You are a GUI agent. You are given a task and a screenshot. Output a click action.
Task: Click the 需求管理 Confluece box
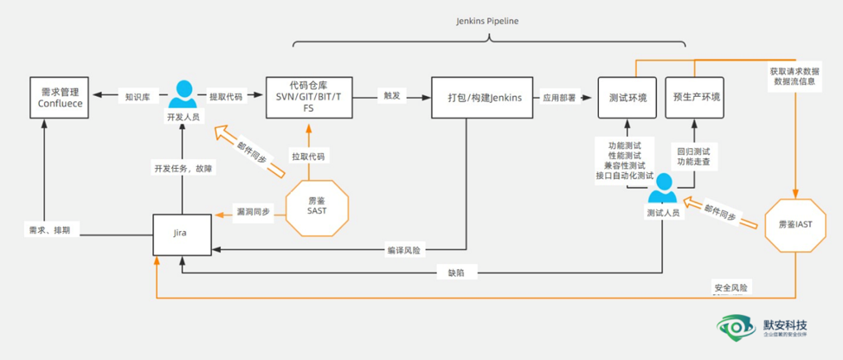(x=60, y=97)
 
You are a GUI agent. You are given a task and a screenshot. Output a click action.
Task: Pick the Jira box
(x=182, y=234)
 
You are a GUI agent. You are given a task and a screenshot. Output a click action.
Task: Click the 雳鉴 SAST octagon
(x=317, y=205)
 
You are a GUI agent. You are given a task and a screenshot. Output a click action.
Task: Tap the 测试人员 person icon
(x=664, y=188)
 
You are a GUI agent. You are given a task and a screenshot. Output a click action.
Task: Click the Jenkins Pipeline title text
(x=487, y=21)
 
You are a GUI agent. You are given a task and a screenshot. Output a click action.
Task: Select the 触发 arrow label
(x=392, y=97)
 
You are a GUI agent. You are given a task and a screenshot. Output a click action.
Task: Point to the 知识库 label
(x=138, y=97)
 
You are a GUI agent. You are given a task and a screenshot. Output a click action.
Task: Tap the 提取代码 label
(x=226, y=97)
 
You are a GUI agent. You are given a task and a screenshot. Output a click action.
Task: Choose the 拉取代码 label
(x=308, y=157)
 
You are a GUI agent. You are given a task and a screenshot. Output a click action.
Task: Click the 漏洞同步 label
(x=253, y=211)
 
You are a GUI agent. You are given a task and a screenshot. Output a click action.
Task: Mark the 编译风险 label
(x=403, y=251)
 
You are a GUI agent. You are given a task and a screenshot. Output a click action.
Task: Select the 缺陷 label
(x=456, y=273)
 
